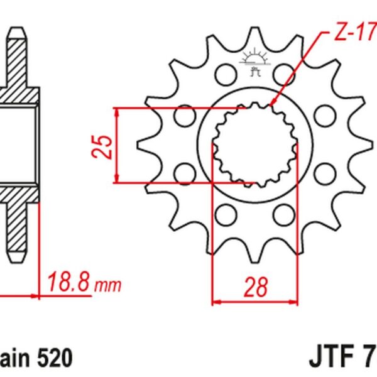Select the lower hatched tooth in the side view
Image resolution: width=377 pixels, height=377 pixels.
click(18, 229)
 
